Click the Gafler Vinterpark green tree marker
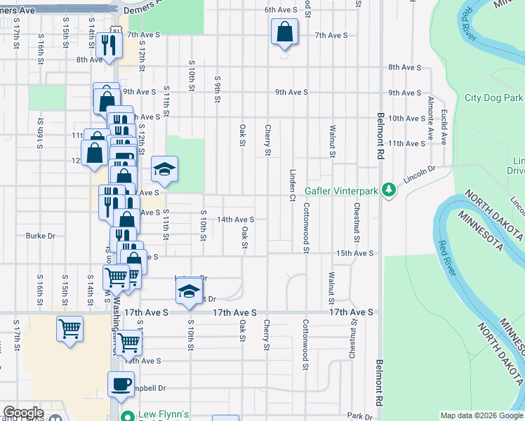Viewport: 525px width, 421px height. pyautogui.click(x=387, y=191)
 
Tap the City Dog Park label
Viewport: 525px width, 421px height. pyautogui.click(x=494, y=98)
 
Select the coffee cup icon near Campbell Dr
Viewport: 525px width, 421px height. pyautogui.click(x=120, y=384)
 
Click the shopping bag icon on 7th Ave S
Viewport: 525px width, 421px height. pyautogui.click(x=284, y=32)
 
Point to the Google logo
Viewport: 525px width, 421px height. pyautogui.click(x=23, y=413)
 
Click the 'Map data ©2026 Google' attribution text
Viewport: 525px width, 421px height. pyautogui.click(x=481, y=415)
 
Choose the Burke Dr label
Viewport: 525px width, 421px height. pyautogui.click(x=40, y=236)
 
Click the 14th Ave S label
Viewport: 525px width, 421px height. pyautogui.click(x=235, y=220)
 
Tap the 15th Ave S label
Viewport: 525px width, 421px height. pyautogui.click(x=353, y=253)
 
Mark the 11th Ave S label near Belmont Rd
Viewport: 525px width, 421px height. pyautogui.click(x=407, y=143)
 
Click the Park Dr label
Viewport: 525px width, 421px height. pyautogui.click(x=358, y=416)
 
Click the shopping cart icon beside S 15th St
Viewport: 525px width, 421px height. pyautogui.click(x=70, y=328)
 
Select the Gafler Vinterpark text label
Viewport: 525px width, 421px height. pyautogui.click(x=341, y=191)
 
